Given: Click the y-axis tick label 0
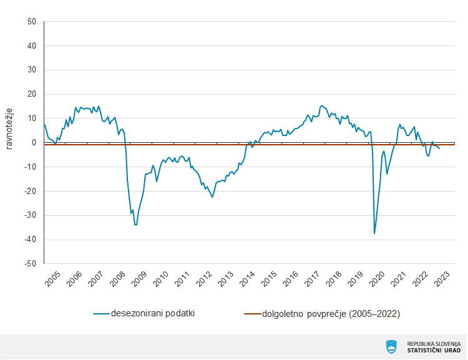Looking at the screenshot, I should tap(35, 143).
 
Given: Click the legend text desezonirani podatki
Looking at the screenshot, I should tap(153, 313).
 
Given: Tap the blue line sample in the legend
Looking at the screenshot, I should tap(102, 313).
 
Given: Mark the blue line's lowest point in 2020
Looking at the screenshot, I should tap(374, 233).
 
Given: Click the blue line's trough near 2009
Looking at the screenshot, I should tap(135, 224).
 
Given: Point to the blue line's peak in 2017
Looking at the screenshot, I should tap(321, 105).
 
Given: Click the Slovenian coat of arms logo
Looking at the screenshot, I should tap(392, 346).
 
